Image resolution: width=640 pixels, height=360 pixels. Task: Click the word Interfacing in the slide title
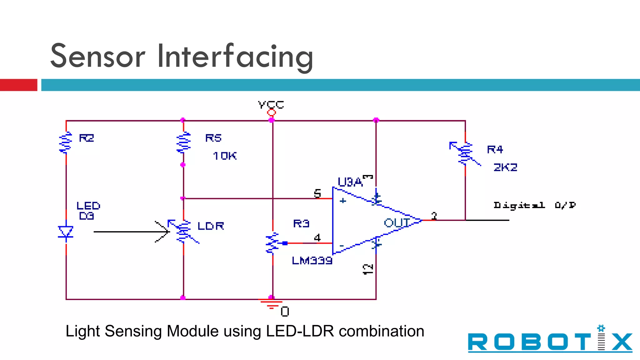(x=235, y=56)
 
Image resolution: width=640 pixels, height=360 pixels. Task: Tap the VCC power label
(x=271, y=105)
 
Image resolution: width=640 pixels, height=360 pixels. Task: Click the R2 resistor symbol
(x=66, y=142)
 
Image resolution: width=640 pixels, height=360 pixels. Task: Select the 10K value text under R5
(x=225, y=156)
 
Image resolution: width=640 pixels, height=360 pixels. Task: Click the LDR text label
(x=211, y=226)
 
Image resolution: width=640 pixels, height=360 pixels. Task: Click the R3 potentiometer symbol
(x=272, y=243)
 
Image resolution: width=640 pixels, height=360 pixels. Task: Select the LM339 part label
(x=312, y=260)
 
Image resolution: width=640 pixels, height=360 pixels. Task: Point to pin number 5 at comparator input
(x=317, y=193)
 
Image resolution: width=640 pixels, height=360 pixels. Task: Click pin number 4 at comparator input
(x=317, y=238)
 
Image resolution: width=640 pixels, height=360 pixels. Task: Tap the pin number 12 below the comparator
(x=368, y=269)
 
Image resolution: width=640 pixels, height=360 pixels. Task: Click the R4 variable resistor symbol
(x=465, y=153)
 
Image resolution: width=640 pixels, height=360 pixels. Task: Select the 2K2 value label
(x=505, y=167)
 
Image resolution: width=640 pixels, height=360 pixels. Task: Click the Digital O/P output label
(x=534, y=205)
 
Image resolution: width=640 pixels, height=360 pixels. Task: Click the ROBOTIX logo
(x=550, y=341)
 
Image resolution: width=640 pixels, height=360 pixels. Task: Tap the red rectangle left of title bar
(x=18, y=85)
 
